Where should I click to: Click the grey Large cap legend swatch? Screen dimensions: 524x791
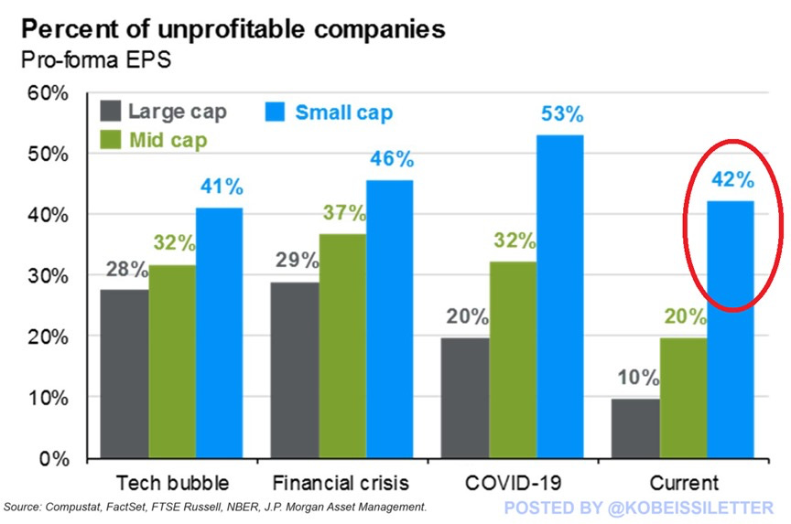tap(109, 112)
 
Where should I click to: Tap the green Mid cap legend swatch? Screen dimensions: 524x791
tap(109, 141)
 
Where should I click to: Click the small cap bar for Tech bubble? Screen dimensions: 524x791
tap(219, 333)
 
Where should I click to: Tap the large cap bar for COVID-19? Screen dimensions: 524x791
tap(464, 398)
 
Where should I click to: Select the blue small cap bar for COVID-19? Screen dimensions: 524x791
tap(559, 296)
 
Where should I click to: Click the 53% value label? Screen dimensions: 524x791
tap(560, 115)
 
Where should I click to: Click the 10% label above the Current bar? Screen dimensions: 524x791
tap(633, 377)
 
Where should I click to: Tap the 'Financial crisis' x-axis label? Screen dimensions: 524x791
tap(341, 482)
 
